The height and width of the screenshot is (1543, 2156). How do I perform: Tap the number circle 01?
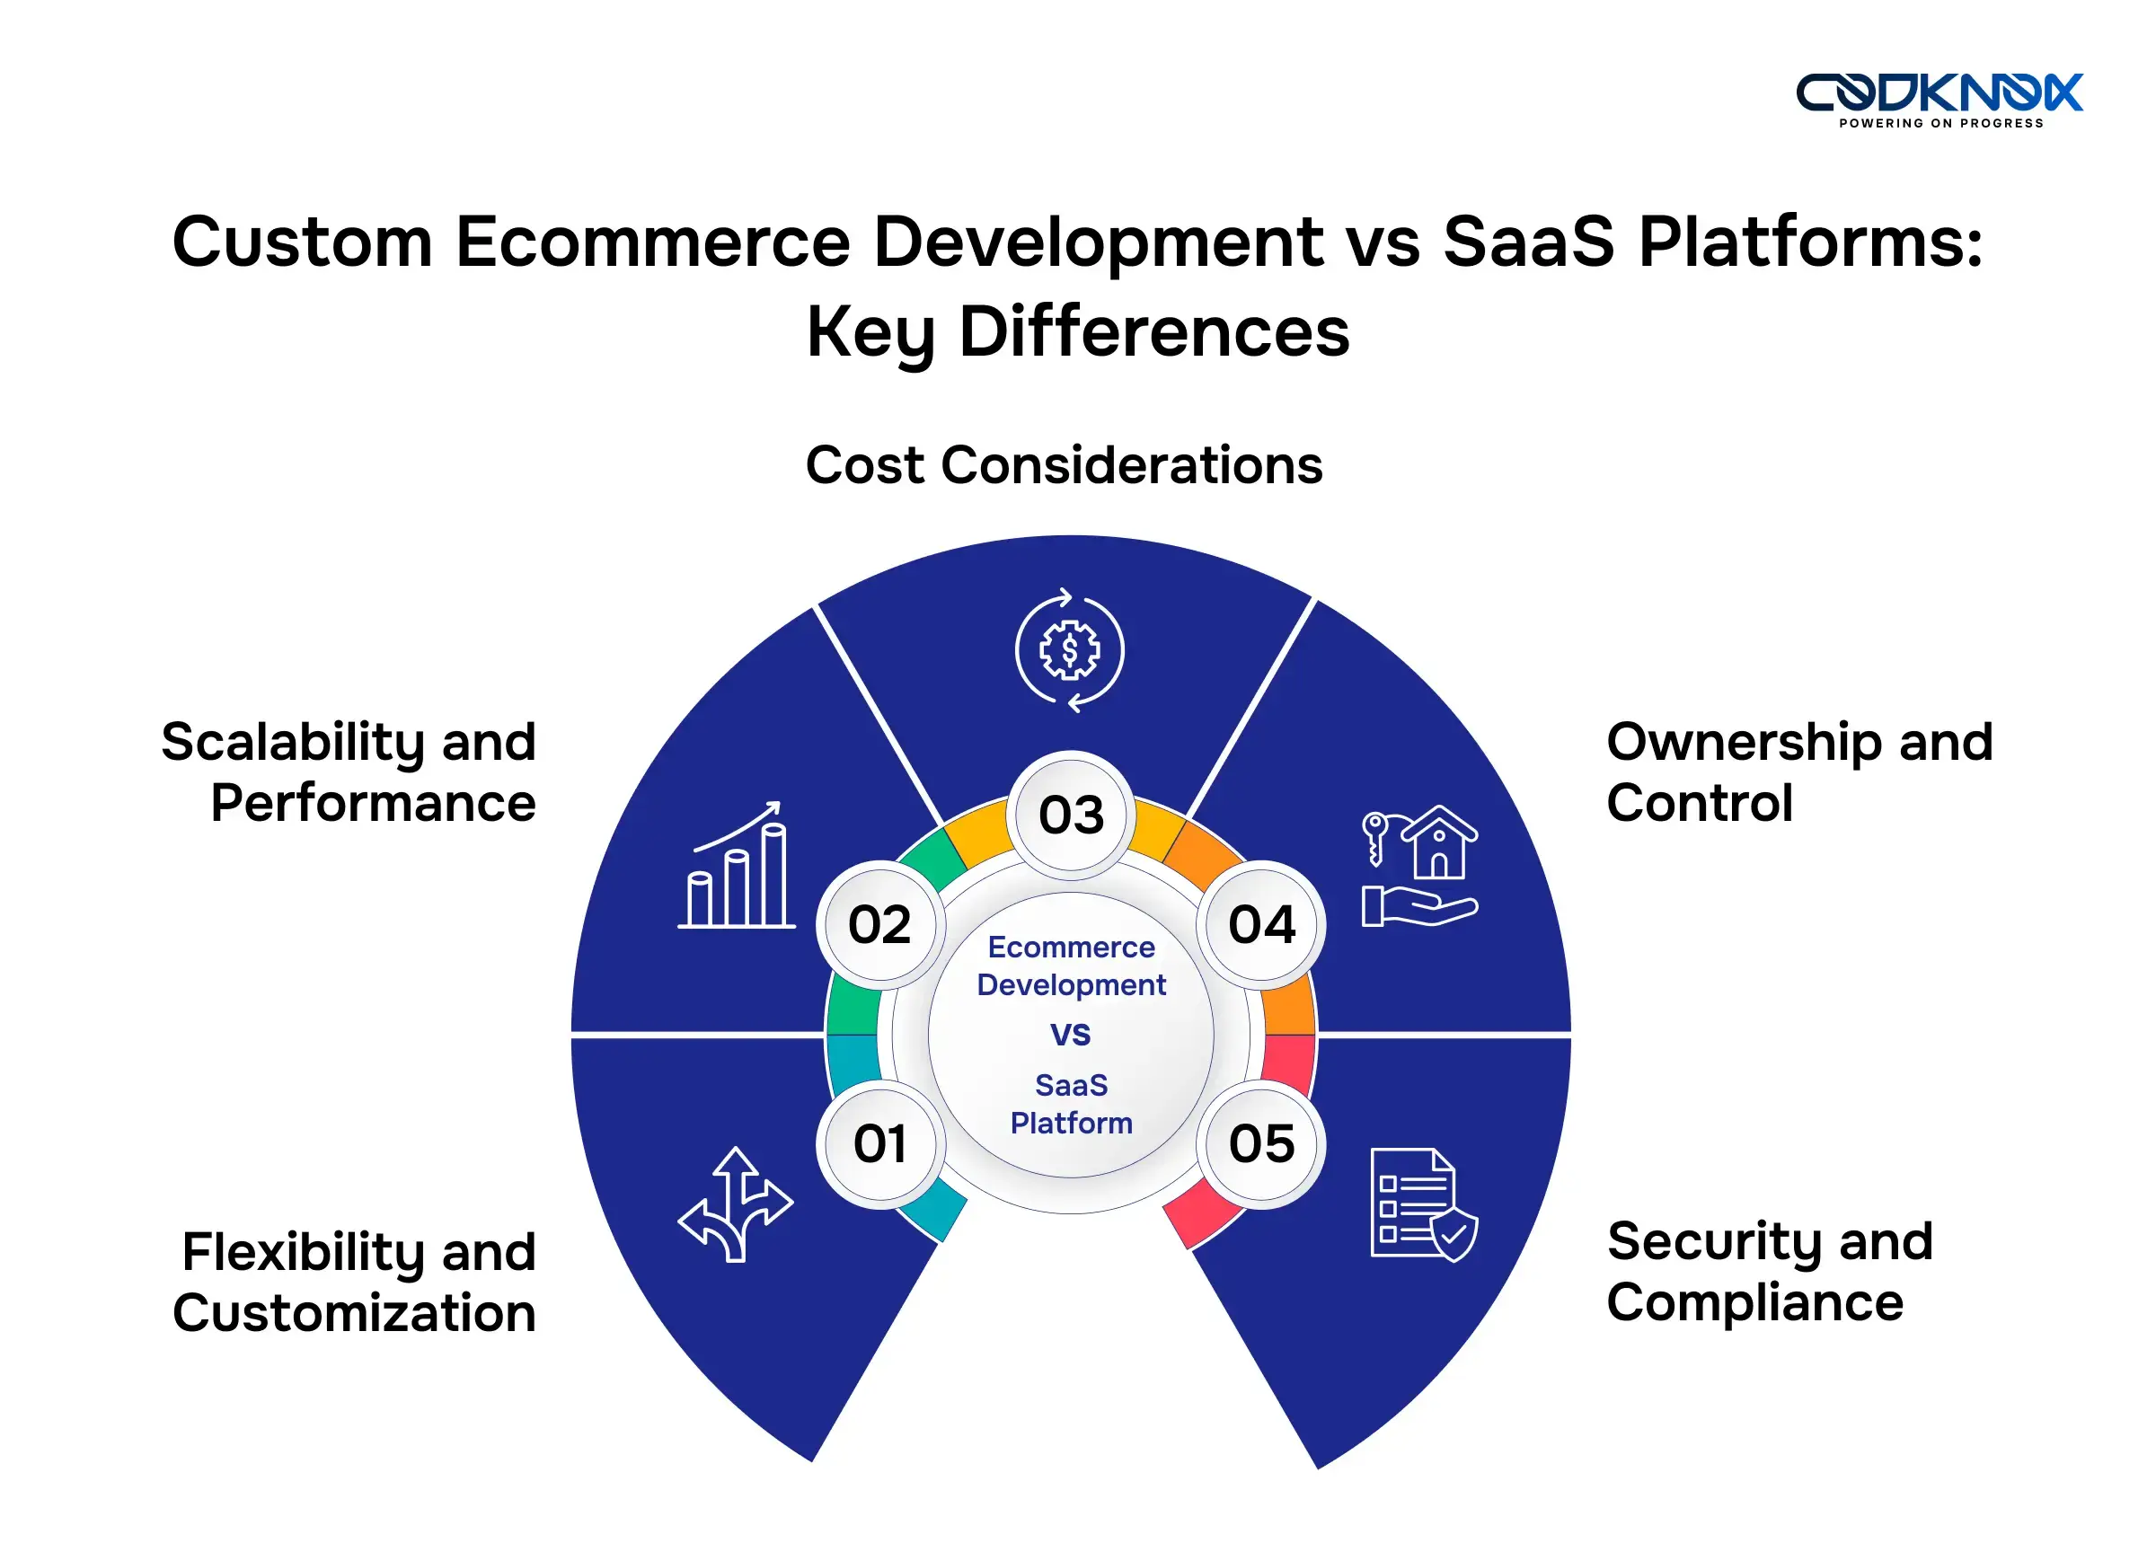pos(879,1143)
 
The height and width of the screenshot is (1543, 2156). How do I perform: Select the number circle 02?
pos(879,924)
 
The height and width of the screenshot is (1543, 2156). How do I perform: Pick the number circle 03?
pos(1071,816)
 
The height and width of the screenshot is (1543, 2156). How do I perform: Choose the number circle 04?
pos(1261,924)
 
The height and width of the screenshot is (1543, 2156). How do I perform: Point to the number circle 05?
pos(1261,1143)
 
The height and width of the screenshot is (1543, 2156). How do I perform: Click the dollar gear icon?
pos(1069,651)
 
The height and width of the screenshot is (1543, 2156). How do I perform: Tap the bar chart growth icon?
pos(736,866)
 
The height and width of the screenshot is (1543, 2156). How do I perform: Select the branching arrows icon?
pos(735,1204)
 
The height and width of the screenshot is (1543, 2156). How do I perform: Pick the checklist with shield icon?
pos(1422,1204)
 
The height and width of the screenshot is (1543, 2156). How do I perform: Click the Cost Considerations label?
pos(1064,465)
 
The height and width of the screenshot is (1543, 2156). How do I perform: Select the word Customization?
pos(353,1313)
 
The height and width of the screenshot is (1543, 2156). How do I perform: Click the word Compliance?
pos(1754,1301)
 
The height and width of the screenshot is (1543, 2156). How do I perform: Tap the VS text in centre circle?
pos(1070,1034)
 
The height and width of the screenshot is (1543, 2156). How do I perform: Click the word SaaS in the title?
pos(1528,242)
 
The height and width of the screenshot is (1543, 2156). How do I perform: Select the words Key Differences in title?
pos(1076,332)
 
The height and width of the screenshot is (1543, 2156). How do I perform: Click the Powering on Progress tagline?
pos(1940,124)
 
